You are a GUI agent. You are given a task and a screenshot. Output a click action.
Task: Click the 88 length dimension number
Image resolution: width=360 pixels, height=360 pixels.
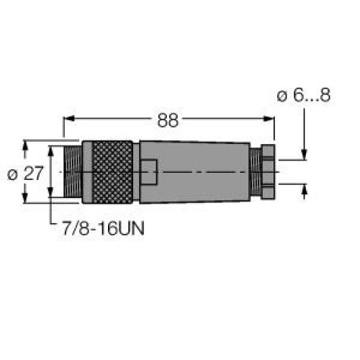point(168,120)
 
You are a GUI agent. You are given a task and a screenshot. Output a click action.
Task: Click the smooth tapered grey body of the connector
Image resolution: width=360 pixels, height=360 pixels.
point(191,173)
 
